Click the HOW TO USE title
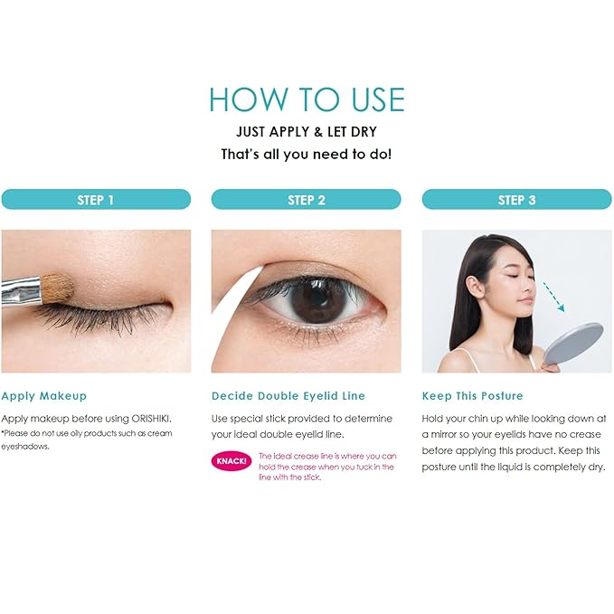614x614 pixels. click(307, 99)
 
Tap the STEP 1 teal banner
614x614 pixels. click(96, 200)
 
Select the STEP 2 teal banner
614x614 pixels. click(306, 200)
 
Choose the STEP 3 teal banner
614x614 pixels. click(516, 200)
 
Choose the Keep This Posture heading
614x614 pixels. click(473, 396)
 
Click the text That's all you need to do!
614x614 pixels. click(307, 155)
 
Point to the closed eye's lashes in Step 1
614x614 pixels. click(99, 318)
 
